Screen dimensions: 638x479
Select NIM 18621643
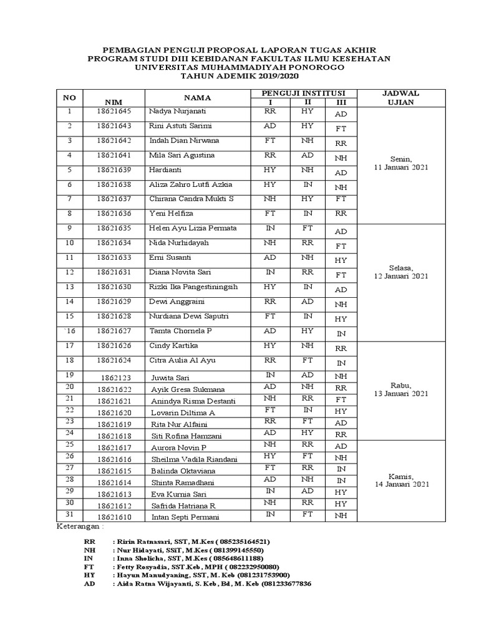[x=114, y=126]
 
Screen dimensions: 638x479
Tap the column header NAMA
[x=197, y=98]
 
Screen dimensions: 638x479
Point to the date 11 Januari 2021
[x=400, y=168]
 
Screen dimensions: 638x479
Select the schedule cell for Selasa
[x=400, y=271]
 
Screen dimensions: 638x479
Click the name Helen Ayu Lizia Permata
[x=193, y=229]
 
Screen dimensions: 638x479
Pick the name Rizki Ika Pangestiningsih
[x=194, y=287]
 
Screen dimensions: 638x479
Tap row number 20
[x=69, y=388]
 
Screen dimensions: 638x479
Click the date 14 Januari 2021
[x=400, y=484]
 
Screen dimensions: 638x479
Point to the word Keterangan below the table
[x=77, y=527]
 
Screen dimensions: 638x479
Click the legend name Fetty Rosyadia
[x=143, y=567]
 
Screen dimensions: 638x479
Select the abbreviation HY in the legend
[x=89, y=576]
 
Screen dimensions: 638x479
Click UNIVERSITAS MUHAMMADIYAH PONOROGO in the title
[x=239, y=67]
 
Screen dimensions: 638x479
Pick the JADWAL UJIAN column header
[x=400, y=98]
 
